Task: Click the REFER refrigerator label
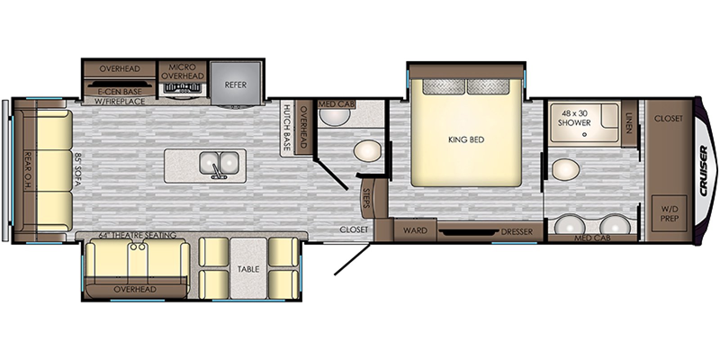coord(235,85)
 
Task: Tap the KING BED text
coord(466,140)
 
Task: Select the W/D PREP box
coord(669,214)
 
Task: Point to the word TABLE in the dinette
coord(248,269)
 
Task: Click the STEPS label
coord(366,198)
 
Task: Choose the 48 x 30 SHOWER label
coord(574,118)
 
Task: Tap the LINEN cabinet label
coord(629,122)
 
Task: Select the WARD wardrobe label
coord(414,231)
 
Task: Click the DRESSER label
coord(517,232)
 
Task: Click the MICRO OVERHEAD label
coord(183,72)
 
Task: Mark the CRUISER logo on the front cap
coord(703,171)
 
